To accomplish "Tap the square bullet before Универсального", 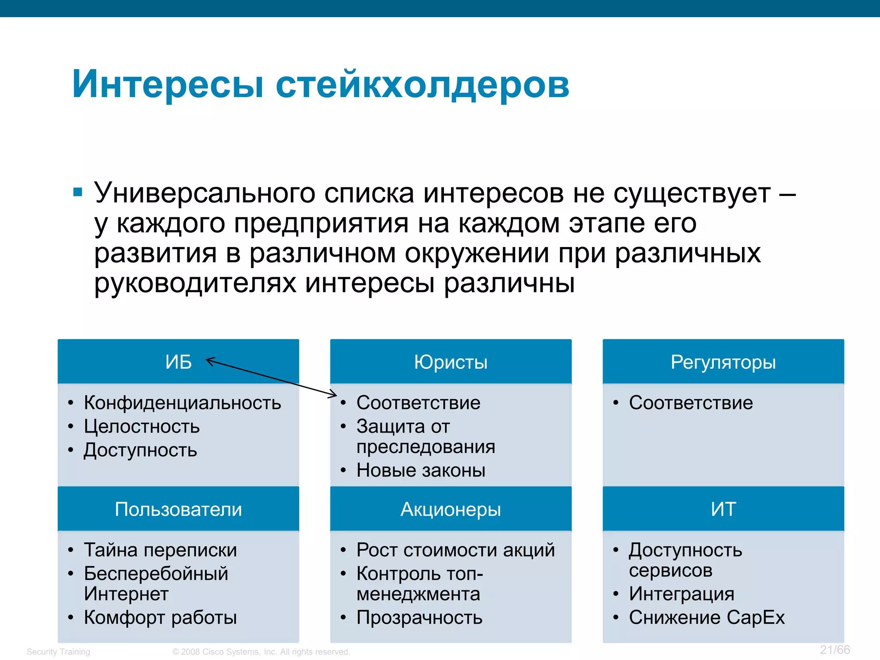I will click(x=78, y=192).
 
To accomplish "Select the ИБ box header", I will click(x=178, y=362).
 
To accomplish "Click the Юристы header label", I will click(x=451, y=362).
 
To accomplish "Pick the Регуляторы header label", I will click(x=723, y=362).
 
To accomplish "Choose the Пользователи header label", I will click(x=178, y=509).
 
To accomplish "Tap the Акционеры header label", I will click(x=451, y=509).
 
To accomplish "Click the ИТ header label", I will click(x=723, y=509).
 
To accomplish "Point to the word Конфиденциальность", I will click(x=182, y=403).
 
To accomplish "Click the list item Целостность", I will click(x=142, y=426).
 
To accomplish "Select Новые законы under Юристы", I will click(x=421, y=470).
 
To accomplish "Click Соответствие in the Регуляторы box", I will click(x=691, y=403).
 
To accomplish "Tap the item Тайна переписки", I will click(x=160, y=550).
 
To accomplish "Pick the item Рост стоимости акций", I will click(x=455, y=550).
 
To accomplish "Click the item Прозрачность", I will click(x=419, y=617).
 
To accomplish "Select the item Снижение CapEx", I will click(x=707, y=617).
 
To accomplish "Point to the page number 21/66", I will click(x=834, y=649).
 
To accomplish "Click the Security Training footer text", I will click(x=58, y=651).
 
